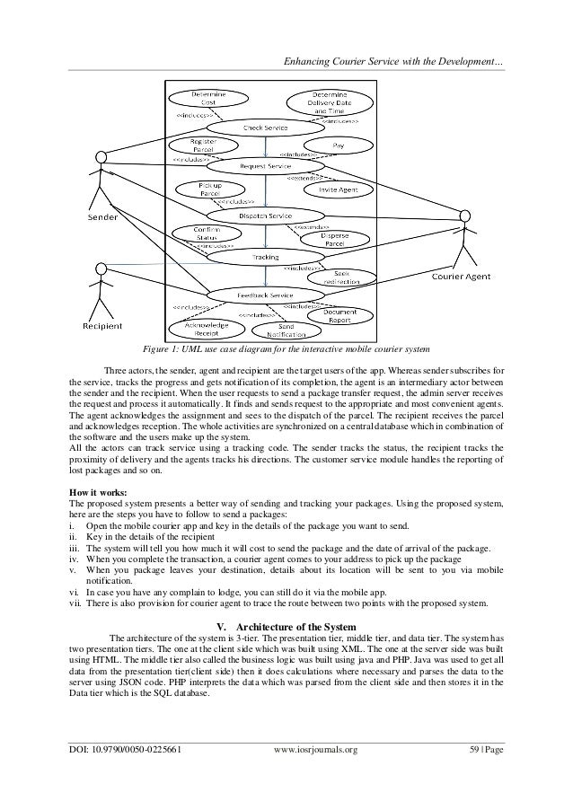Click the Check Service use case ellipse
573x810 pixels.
click(265, 128)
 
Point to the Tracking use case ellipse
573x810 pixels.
click(265, 258)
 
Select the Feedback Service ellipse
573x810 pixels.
click(265, 295)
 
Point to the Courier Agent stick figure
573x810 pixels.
click(464, 239)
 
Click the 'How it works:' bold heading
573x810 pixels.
click(100, 492)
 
